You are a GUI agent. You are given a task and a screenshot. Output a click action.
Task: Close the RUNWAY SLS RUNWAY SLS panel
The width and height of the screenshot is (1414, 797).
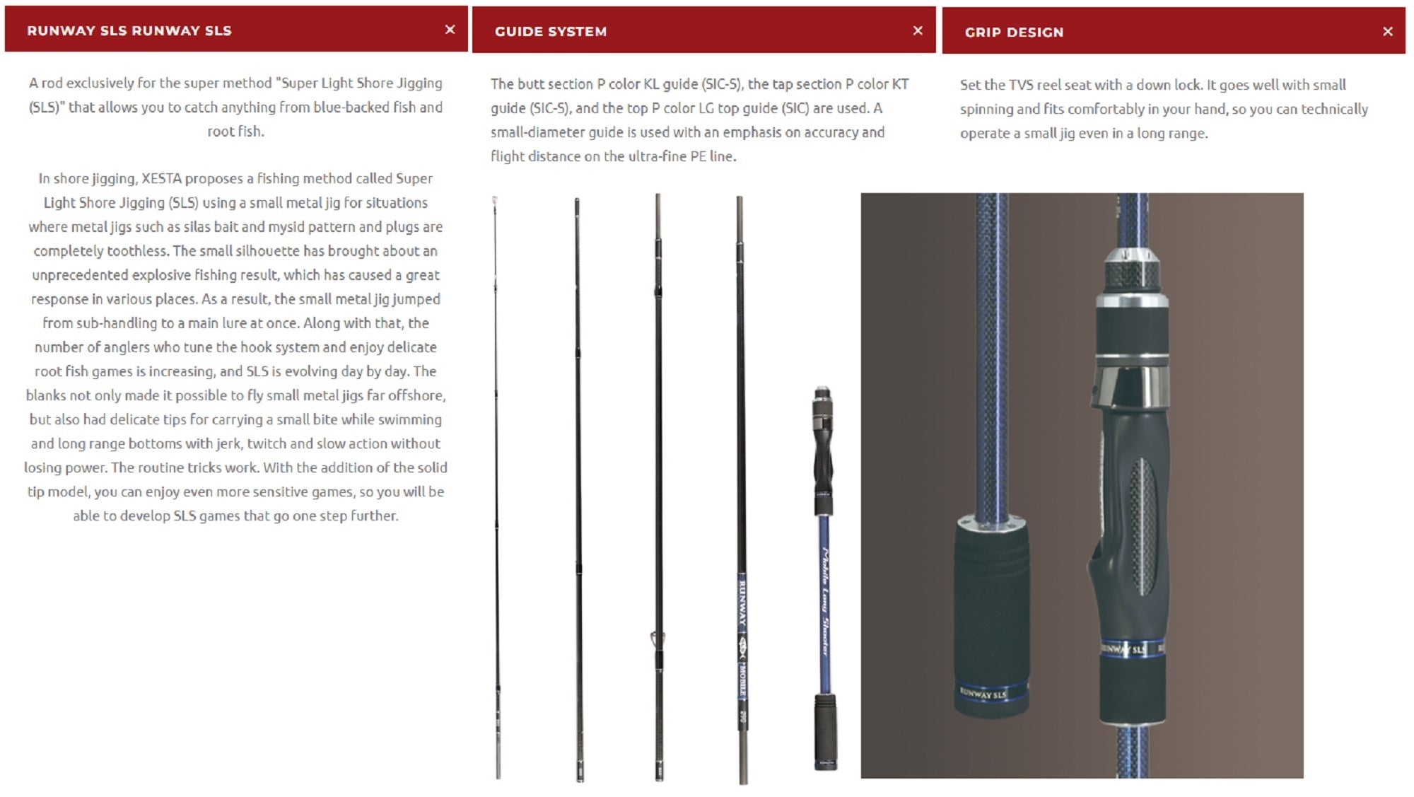point(450,29)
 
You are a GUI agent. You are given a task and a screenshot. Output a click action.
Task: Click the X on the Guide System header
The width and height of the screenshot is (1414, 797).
point(918,30)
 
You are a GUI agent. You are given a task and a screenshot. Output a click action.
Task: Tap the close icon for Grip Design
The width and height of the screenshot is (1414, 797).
point(1388,31)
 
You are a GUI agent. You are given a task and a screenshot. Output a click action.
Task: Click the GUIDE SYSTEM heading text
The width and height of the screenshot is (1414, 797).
point(551,31)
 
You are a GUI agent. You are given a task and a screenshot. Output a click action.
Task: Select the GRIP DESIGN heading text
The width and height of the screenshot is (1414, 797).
point(1014,32)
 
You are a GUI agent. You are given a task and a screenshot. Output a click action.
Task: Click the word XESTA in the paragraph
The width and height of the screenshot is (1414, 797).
point(162,178)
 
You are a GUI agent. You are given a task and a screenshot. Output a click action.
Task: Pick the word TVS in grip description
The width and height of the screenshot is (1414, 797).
point(1021,85)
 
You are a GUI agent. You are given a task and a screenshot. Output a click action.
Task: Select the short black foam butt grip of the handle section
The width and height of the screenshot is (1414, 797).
point(824,731)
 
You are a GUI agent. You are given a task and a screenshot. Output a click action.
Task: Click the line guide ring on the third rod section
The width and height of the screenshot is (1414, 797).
point(655,640)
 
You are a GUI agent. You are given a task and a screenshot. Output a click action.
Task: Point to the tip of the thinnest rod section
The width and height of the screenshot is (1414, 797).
point(495,199)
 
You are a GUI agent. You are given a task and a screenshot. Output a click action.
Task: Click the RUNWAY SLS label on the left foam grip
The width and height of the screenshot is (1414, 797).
point(983,694)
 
